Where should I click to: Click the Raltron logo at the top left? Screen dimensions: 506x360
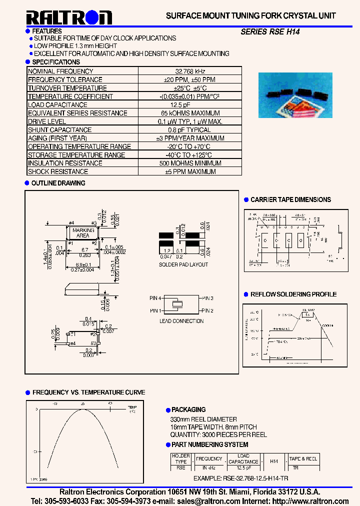tap(69, 18)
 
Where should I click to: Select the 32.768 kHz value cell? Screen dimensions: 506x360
tap(189, 71)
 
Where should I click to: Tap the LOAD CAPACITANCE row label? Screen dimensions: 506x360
tap(57, 105)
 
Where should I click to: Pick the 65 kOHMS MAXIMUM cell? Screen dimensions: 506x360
tap(189, 113)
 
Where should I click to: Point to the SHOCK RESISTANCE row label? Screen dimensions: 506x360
tap(58, 171)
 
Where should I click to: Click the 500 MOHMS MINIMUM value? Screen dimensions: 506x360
tap(189, 163)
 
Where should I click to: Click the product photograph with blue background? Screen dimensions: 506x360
tap(295, 95)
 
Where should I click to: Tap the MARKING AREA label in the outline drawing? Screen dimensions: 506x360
tap(82, 232)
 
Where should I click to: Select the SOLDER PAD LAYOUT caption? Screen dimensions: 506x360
tap(183, 264)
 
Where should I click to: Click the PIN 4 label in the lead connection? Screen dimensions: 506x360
tap(155, 298)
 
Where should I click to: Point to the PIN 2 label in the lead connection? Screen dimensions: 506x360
tap(207, 311)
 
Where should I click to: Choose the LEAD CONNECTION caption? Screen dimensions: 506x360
tap(181, 321)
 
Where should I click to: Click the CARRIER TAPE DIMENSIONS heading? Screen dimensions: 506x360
tap(290, 199)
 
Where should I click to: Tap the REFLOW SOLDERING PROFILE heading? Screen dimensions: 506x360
tap(293, 294)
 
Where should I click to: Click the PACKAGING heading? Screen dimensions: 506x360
tap(188, 409)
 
